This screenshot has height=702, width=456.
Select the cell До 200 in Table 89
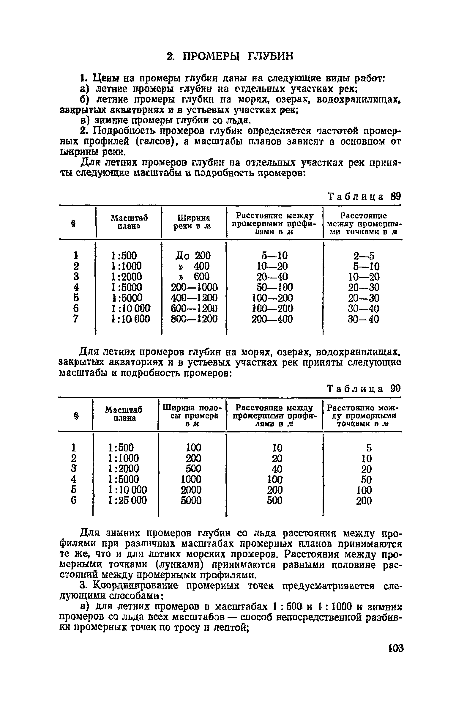click(193, 256)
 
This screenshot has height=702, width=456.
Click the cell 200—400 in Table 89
click(272, 319)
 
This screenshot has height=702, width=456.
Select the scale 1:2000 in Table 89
click(126, 277)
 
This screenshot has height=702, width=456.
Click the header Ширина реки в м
click(192, 222)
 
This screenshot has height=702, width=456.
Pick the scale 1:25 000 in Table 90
click(127, 500)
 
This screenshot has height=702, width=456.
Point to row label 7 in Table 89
click(76, 319)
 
